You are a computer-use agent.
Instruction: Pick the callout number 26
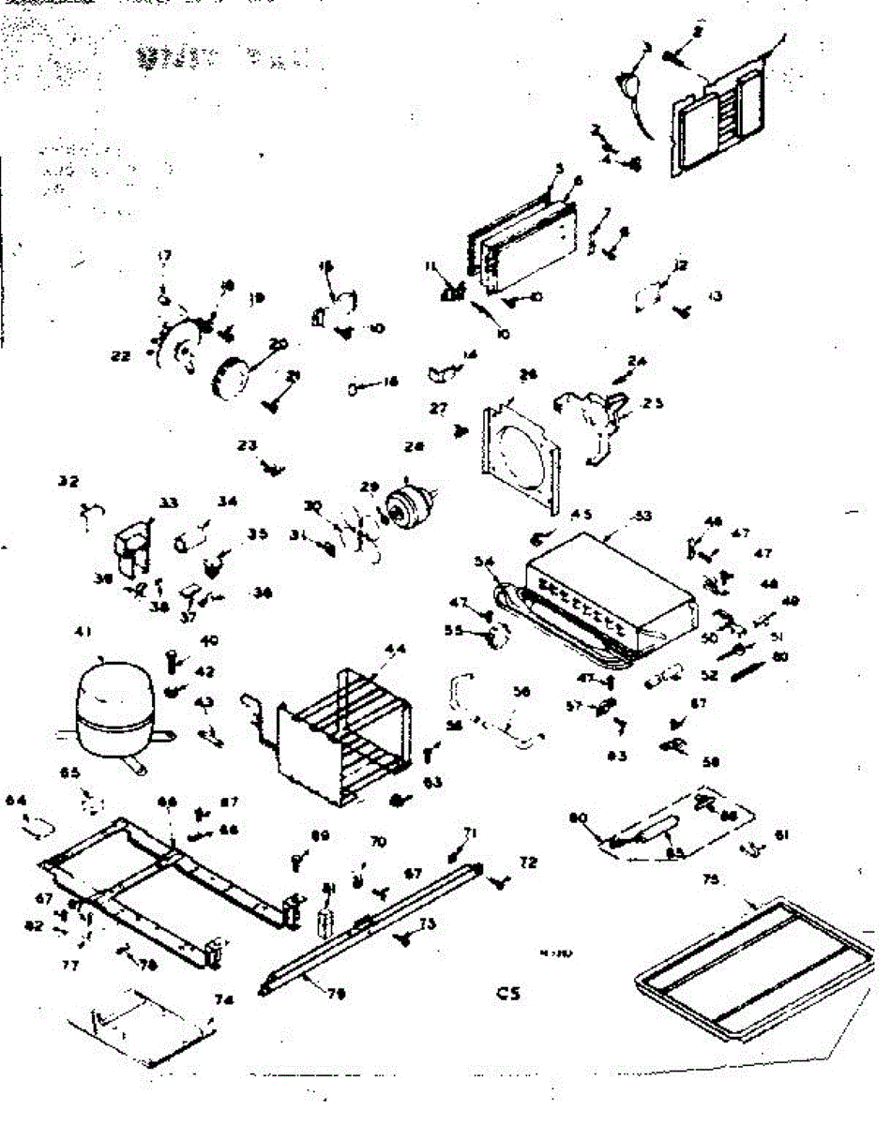[529, 375]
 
